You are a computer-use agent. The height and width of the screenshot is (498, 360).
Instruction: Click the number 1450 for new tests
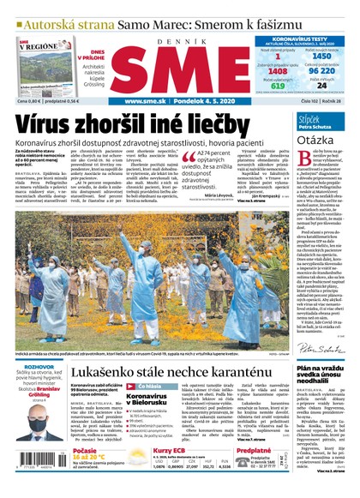pyautogui.click(x=320, y=54)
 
